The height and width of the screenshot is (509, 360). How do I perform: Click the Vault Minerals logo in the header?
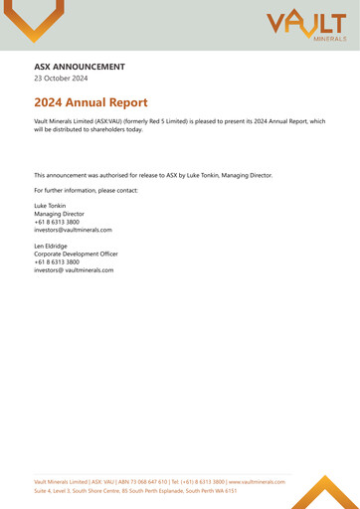click(x=306, y=25)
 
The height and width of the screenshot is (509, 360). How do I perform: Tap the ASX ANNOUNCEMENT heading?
click(x=80, y=68)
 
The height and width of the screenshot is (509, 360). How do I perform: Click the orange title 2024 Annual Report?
click(x=90, y=102)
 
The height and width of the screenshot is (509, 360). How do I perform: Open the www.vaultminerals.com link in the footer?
click(x=257, y=481)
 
